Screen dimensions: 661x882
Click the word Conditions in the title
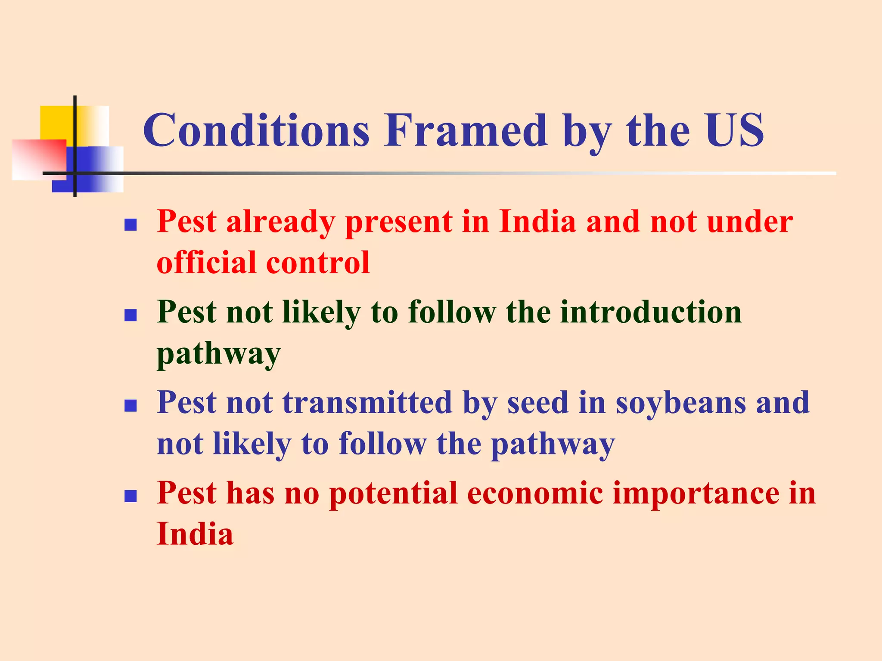click(256, 130)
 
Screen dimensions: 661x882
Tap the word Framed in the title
click(465, 130)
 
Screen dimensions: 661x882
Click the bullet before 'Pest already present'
click(130, 225)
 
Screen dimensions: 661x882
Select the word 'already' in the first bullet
click(280, 222)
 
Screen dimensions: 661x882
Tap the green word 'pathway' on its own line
click(218, 354)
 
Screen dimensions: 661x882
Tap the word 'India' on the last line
click(195, 534)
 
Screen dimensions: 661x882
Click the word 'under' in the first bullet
click(750, 222)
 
